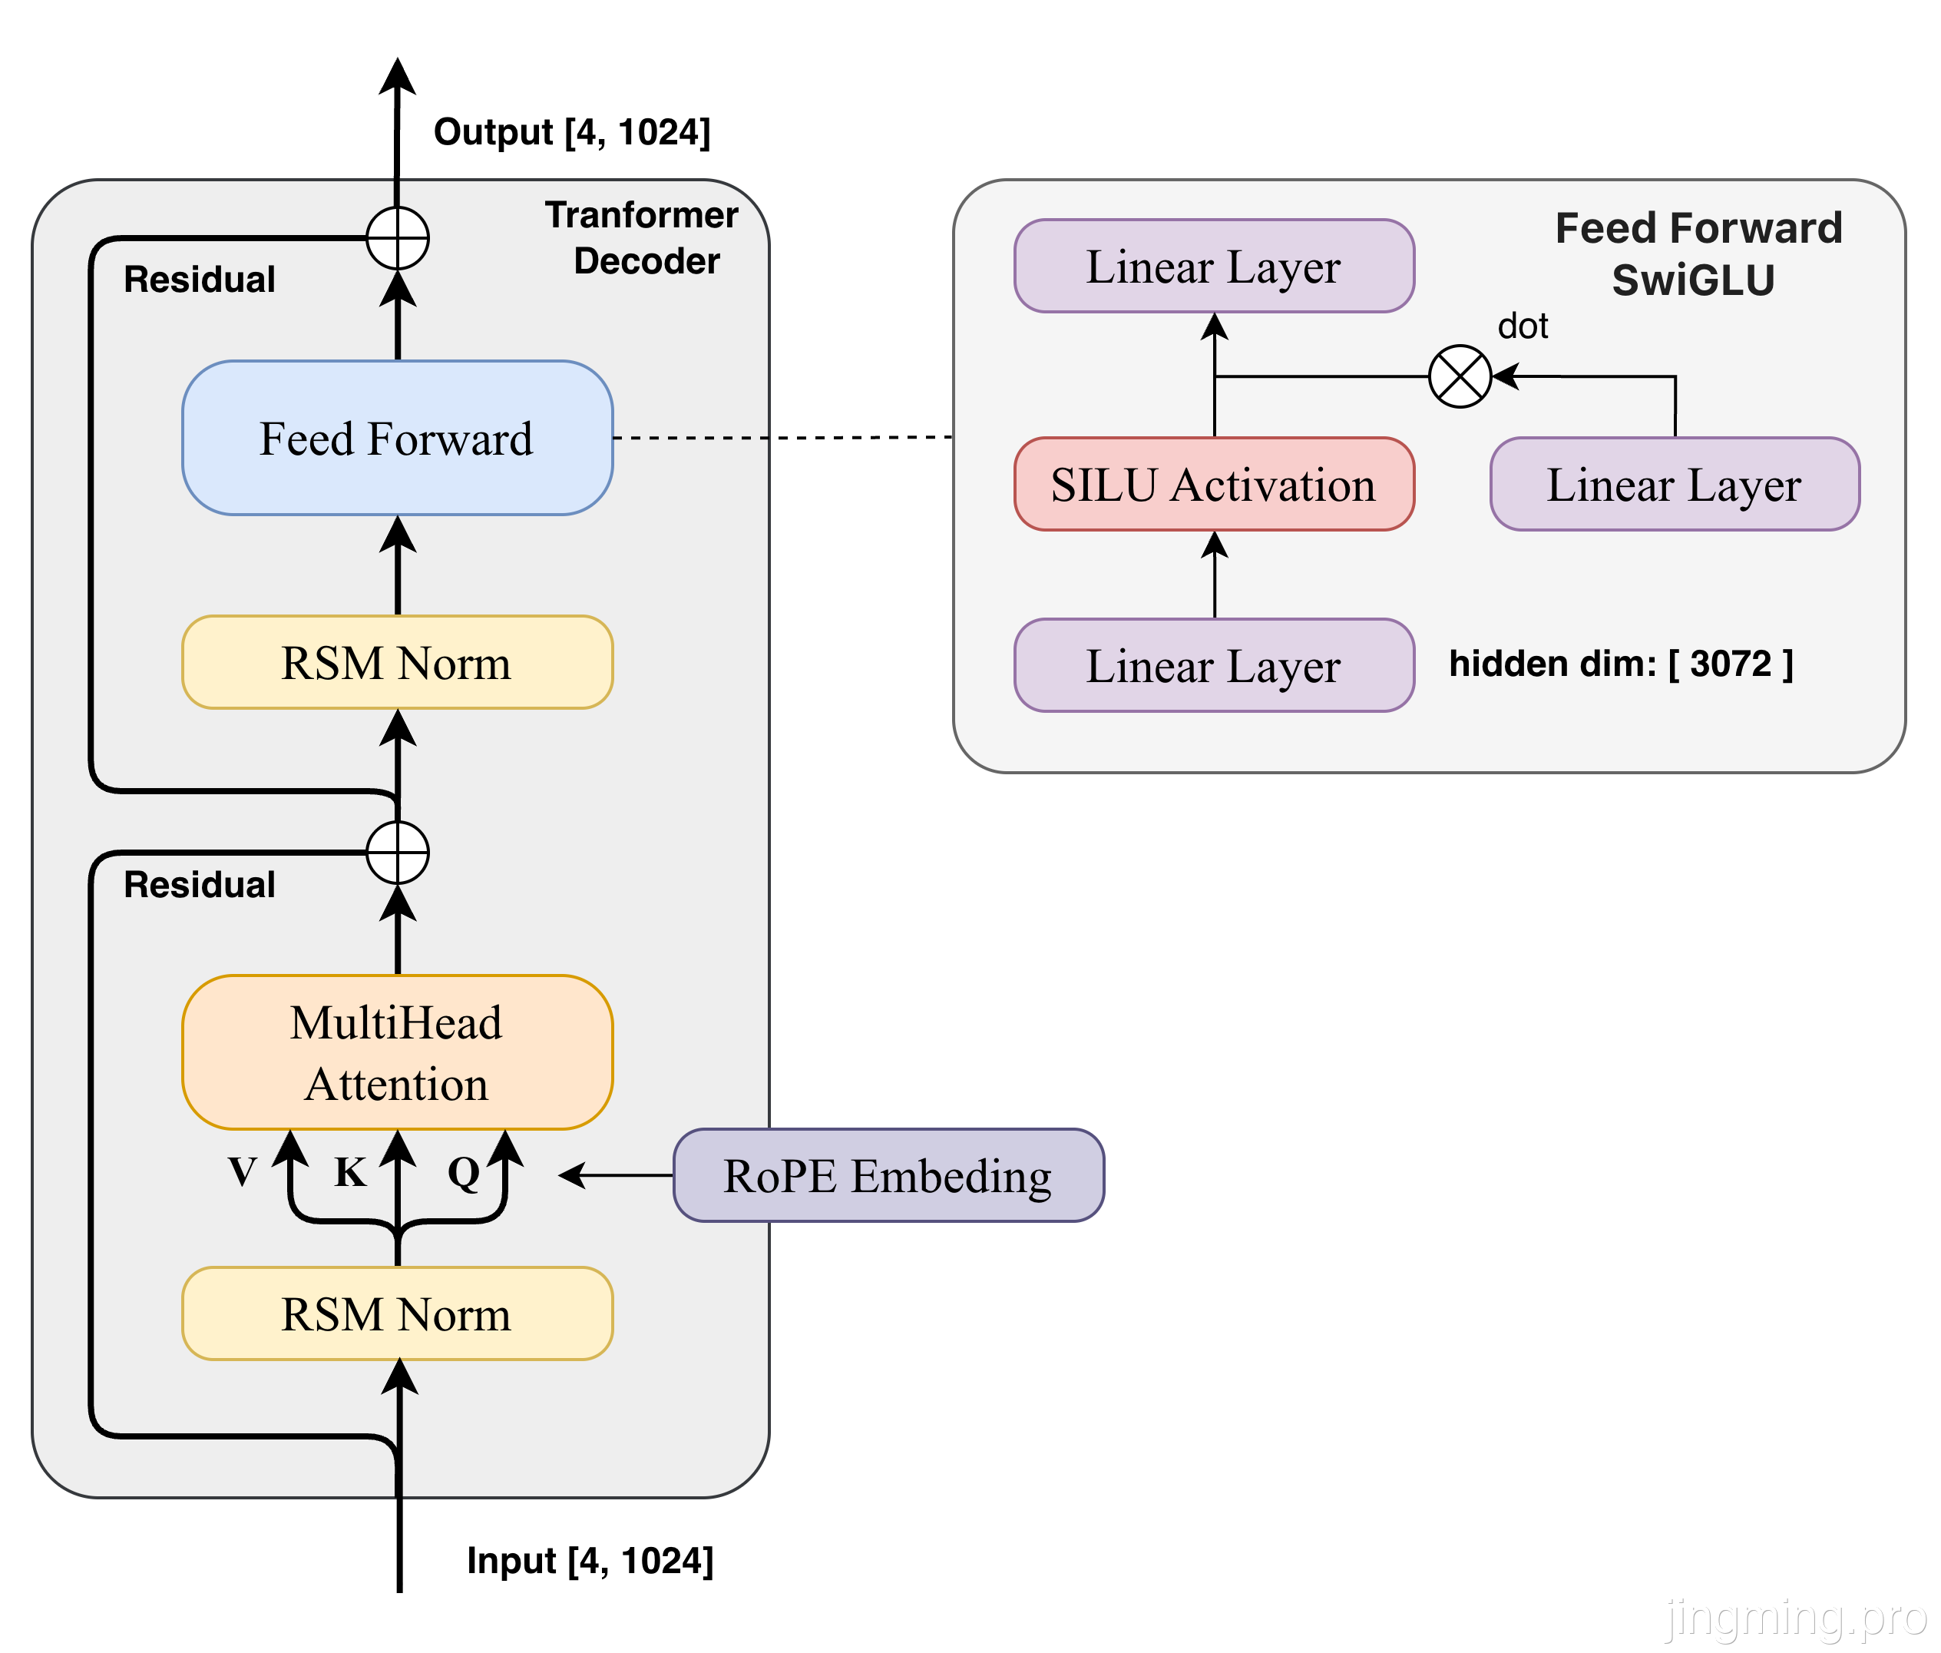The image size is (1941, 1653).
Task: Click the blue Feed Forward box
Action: (x=397, y=438)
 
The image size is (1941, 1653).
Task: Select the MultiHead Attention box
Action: (x=397, y=1052)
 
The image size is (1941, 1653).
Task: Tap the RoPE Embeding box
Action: (x=888, y=1175)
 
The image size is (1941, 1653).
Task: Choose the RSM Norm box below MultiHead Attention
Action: (x=397, y=1313)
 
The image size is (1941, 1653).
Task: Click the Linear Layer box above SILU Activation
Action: (x=1214, y=266)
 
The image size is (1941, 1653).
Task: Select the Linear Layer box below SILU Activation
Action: (x=1214, y=665)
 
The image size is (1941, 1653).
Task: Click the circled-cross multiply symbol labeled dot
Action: (x=1460, y=376)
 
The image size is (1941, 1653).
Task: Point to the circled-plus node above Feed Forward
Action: (x=397, y=238)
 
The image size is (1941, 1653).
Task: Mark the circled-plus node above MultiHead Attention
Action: (x=397, y=853)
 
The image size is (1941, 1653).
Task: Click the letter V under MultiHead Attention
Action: (x=243, y=1172)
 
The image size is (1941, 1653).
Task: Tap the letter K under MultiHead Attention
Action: (x=350, y=1172)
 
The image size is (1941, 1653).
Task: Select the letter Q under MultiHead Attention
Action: (x=464, y=1172)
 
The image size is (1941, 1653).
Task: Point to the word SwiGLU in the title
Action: (x=1693, y=280)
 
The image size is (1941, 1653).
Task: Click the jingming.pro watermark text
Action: (x=1794, y=1616)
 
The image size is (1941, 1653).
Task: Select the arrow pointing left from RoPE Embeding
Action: (x=614, y=1175)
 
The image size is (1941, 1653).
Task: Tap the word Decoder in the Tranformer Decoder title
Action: (x=646, y=261)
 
